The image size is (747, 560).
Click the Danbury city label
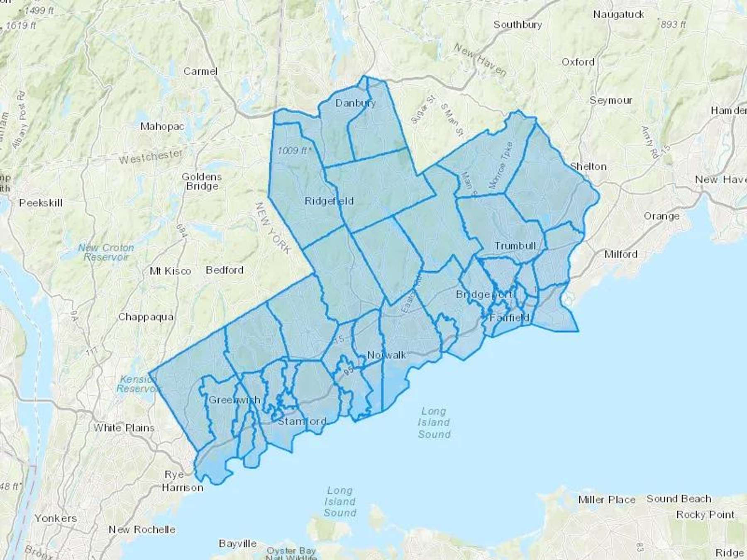coord(355,103)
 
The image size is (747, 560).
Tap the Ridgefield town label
coord(329,201)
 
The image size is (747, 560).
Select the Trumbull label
coord(515,246)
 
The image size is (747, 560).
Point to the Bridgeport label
coord(484,295)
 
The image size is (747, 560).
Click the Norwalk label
coord(387,355)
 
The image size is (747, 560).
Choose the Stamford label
coord(302,421)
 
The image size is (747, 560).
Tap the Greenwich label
coord(234,400)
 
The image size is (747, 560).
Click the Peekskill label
coord(41,203)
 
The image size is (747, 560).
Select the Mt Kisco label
coord(170,271)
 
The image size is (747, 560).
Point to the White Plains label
coord(124,428)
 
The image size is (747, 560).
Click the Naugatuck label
coord(618,15)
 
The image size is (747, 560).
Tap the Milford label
coord(621,254)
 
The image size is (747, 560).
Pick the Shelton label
coord(588,167)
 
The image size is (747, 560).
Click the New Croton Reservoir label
coord(106,252)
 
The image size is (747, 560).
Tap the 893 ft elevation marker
coord(672,24)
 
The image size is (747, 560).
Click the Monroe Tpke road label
coord(501,166)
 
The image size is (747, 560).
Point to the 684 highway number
coord(181,231)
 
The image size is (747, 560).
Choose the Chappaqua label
coord(146,317)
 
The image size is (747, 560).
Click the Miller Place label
coord(607,500)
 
